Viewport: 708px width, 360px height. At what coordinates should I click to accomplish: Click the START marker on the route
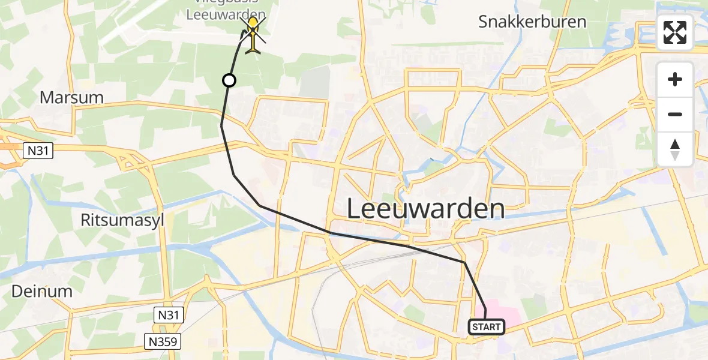[486, 327]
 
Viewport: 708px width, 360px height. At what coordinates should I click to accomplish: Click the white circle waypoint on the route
[229, 80]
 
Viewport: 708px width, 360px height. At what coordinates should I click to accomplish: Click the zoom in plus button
[675, 79]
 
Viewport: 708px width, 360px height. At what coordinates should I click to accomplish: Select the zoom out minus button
[675, 114]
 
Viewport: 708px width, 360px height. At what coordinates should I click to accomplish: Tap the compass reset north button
[675, 149]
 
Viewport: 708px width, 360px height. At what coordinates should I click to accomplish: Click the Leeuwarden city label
[426, 209]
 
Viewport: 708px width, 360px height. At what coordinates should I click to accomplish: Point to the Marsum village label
[71, 97]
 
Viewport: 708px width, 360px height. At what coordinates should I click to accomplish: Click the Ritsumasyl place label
[122, 220]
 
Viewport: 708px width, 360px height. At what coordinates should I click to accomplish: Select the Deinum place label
[42, 292]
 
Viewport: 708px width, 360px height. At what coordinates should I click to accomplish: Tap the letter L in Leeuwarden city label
[355, 209]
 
